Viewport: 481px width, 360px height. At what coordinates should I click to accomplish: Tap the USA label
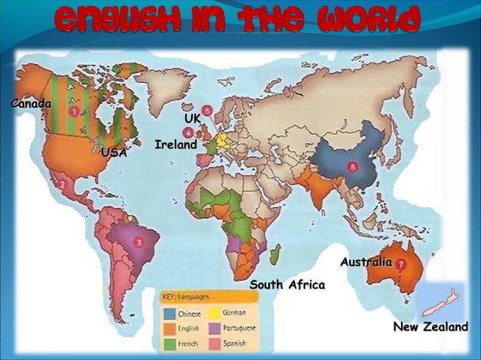point(114,153)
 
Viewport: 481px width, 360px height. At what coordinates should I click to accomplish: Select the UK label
point(193,119)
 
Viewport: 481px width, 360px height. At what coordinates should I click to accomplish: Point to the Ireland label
point(176,144)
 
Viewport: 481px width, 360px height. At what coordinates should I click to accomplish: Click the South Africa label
point(287,285)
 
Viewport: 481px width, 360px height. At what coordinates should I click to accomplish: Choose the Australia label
point(366,262)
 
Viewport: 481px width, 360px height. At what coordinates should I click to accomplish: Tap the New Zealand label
point(430,327)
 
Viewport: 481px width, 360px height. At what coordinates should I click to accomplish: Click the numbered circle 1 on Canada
point(74,111)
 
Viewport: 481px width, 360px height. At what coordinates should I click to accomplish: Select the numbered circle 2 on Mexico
point(63,182)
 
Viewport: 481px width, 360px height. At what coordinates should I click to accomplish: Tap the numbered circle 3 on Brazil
point(139,243)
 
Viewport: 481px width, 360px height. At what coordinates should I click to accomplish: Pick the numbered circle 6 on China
point(351,166)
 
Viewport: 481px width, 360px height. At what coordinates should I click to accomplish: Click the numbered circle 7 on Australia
point(401,265)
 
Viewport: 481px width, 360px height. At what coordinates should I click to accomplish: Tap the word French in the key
point(188,344)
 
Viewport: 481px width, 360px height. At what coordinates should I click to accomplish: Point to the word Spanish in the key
point(234,344)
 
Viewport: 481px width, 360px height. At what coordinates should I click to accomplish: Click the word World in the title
point(368,20)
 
